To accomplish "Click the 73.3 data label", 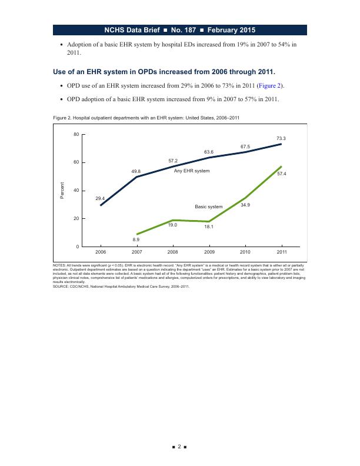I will click(x=281, y=138).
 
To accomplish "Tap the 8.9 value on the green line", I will click(x=136, y=240).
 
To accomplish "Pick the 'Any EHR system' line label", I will click(x=192, y=171).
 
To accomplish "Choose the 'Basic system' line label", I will click(x=209, y=207).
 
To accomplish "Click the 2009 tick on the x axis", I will click(x=209, y=252).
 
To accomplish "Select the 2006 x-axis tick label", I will click(x=101, y=252).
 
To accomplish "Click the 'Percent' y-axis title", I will click(x=62, y=191).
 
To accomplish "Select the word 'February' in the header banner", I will click(x=234, y=29).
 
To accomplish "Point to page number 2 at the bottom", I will click(x=180, y=448).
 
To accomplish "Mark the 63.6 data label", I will click(x=209, y=152).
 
